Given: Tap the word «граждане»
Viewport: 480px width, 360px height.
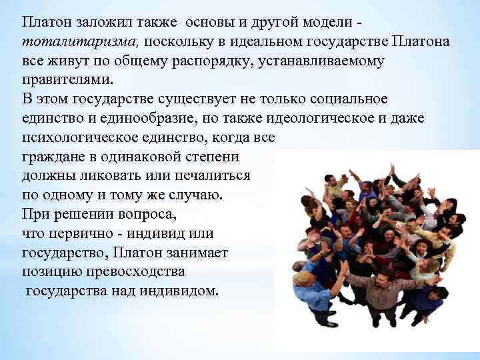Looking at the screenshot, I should click(x=51, y=157).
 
